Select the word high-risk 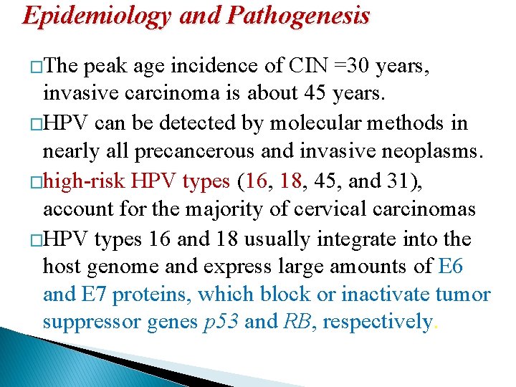point(86,181)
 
